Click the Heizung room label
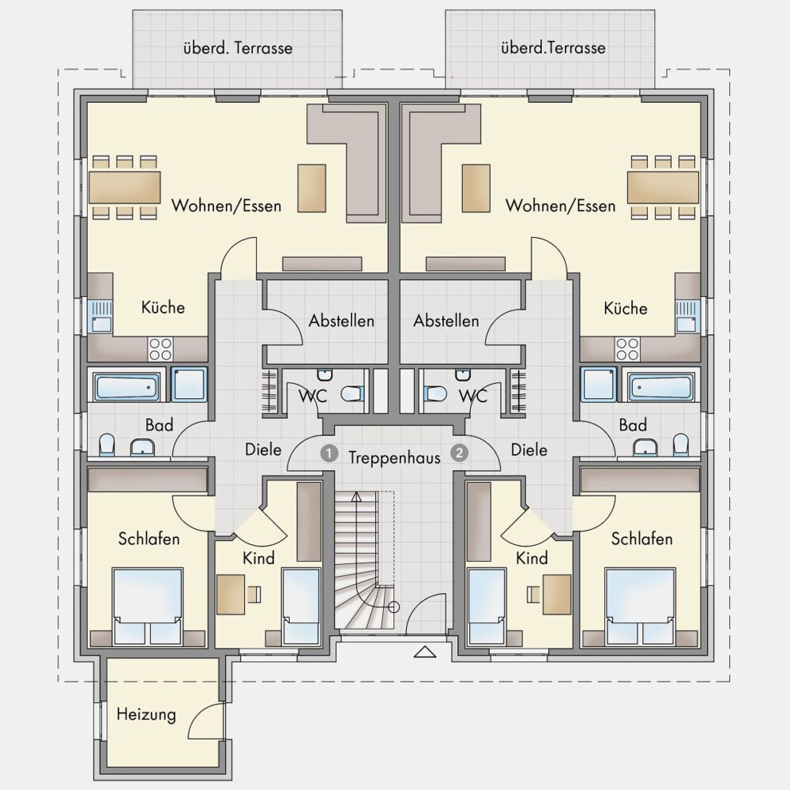(146, 715)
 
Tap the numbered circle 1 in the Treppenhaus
(329, 453)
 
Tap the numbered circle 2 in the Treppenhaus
(459, 453)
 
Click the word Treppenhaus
(394, 457)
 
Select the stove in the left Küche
(160, 349)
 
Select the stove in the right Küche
(627, 349)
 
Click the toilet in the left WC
(352, 393)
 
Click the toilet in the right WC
(434, 393)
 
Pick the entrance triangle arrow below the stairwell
(425, 652)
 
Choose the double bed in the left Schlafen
(147, 607)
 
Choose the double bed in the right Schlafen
(641, 607)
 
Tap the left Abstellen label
(341, 321)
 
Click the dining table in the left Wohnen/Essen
(125, 187)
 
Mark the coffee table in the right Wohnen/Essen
(476, 188)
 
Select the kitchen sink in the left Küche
(101, 317)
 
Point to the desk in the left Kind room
(231, 595)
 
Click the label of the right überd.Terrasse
(553, 48)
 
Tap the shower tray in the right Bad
(599, 385)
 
